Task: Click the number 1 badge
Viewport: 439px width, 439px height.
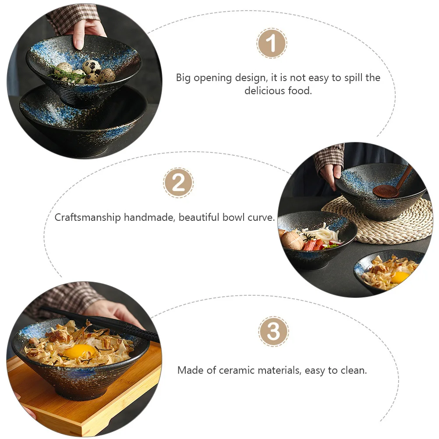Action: [x=272, y=43]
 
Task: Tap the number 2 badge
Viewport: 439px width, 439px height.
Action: [x=178, y=183]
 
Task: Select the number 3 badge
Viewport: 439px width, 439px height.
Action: [x=273, y=332]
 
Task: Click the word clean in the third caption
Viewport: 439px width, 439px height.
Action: [x=353, y=370]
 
